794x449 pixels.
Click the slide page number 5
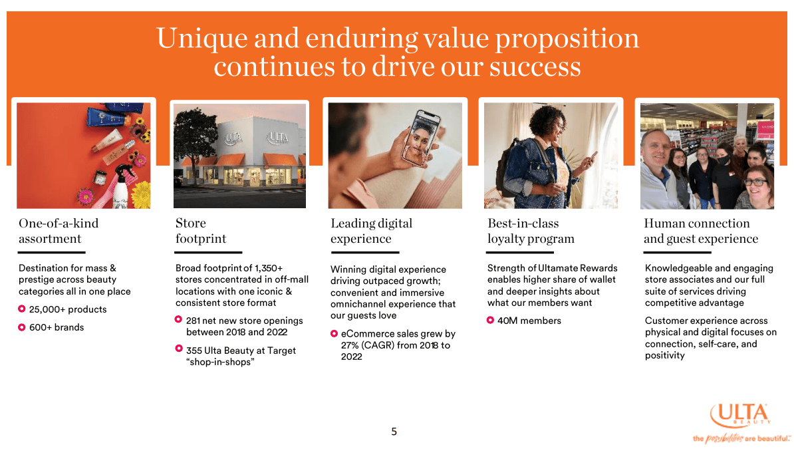point(394,431)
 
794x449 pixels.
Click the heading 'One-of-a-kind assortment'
point(59,231)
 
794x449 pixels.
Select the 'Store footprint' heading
point(201,231)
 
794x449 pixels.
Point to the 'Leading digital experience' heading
point(371,231)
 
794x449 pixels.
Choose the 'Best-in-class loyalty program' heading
point(531,231)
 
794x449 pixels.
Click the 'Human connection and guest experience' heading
point(701,231)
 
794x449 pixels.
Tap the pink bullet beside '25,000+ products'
point(22,309)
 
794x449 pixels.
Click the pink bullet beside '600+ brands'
point(22,327)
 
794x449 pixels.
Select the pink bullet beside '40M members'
point(490,320)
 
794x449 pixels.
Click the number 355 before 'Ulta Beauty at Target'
point(194,350)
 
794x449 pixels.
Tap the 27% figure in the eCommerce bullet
point(350,345)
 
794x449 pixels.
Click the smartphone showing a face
point(420,138)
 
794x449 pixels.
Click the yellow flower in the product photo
point(141,195)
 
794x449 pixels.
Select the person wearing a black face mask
point(726,175)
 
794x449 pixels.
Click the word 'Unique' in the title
point(202,38)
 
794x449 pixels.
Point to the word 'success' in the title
point(535,67)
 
